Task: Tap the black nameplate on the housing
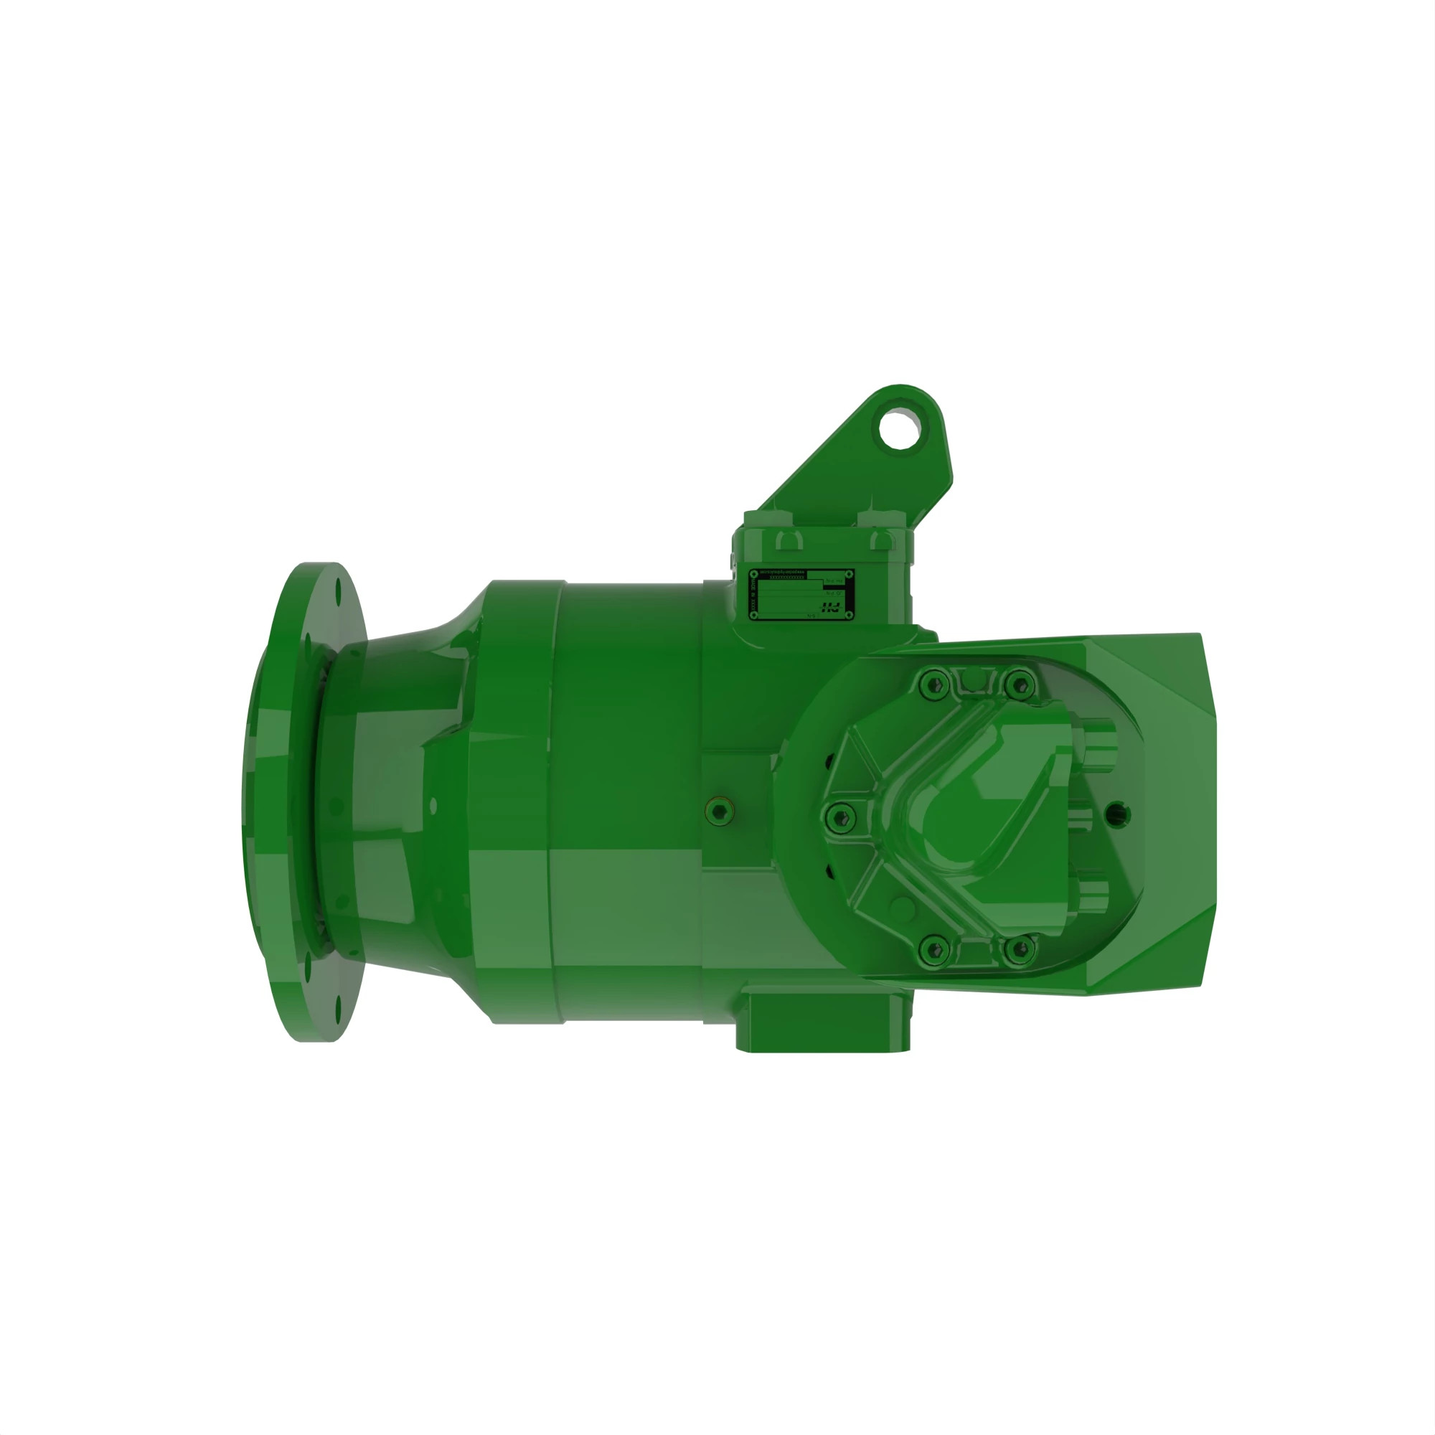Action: (x=801, y=595)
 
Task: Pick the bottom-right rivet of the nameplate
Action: (x=848, y=615)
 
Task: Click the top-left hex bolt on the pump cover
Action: (x=935, y=684)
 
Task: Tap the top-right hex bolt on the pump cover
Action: (x=1020, y=684)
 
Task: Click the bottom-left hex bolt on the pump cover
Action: (x=935, y=949)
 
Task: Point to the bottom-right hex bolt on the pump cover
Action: (x=1020, y=949)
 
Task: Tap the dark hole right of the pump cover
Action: (x=1119, y=814)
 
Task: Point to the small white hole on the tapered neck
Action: (x=434, y=806)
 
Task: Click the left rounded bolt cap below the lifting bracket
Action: (x=788, y=541)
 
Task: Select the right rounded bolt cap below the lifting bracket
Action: (x=883, y=541)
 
